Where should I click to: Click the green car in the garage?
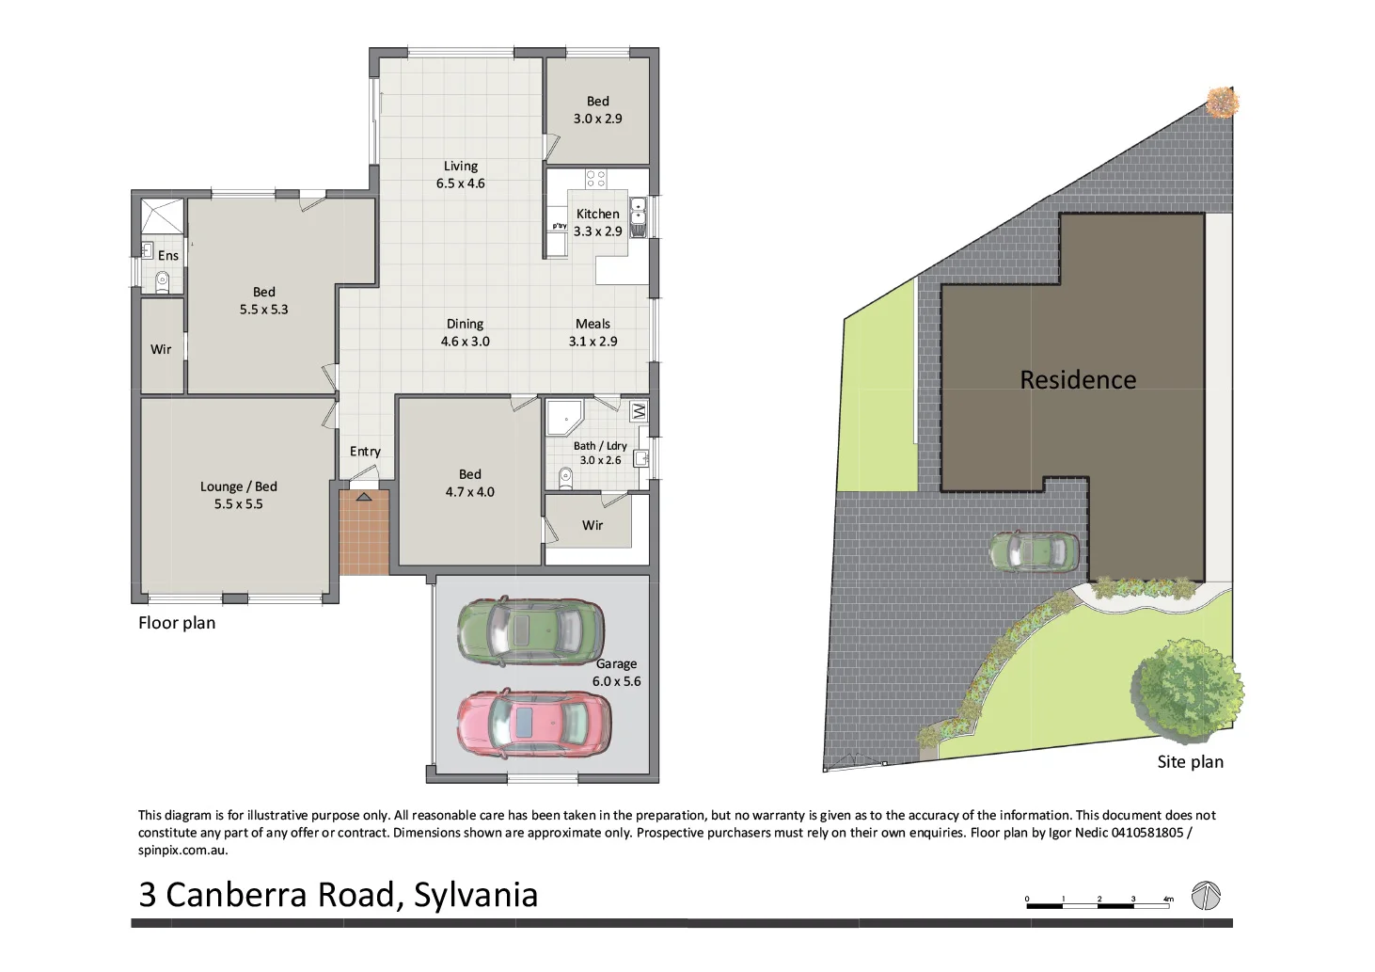[x=530, y=631]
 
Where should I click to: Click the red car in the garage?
[x=533, y=724]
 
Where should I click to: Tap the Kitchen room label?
[x=597, y=215]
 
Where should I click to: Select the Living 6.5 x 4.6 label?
[x=460, y=175]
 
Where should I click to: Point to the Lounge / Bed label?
[x=238, y=495]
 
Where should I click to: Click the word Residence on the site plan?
[x=1078, y=380]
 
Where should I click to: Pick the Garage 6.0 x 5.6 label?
[x=616, y=673]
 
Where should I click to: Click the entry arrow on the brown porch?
[x=363, y=496]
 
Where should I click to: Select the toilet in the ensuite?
[x=162, y=280]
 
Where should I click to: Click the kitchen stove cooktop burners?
[x=595, y=178]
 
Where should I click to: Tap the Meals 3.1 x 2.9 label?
[x=593, y=332]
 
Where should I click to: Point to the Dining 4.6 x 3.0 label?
[x=465, y=332]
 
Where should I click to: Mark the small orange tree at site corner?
[x=1220, y=102]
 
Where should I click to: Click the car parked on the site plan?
[x=1034, y=551]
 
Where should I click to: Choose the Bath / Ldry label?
[x=600, y=453]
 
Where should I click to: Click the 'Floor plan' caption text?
[x=177, y=623]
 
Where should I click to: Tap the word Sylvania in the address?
[x=475, y=895]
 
